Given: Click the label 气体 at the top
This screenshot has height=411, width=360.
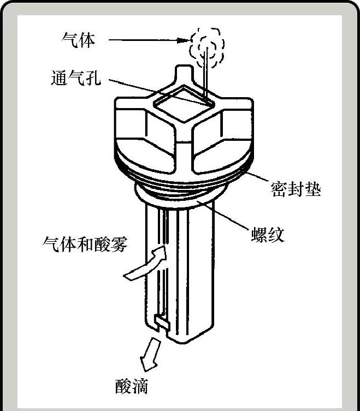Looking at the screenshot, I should [x=79, y=40].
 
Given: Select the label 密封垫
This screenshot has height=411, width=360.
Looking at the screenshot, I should [x=296, y=189].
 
